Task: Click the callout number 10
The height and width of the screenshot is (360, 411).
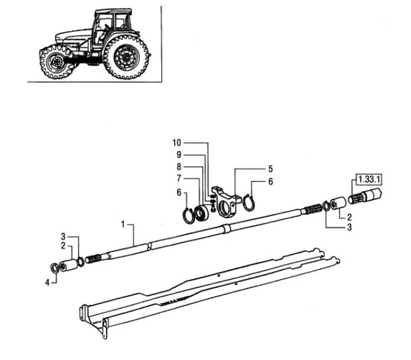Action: pos(177,143)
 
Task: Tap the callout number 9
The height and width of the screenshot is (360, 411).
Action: pos(179,154)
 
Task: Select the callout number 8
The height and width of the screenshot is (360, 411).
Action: pos(179,167)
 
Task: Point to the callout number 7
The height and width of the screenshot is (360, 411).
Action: pos(179,178)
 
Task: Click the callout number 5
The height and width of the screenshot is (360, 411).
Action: pos(270,169)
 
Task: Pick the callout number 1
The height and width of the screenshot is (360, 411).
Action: pos(123,225)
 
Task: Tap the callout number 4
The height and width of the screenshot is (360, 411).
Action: pos(47,282)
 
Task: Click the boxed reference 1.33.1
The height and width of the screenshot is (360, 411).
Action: pos(369,180)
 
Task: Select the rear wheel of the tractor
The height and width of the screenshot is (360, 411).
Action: pos(127,57)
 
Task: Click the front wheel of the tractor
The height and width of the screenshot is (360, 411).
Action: pos(56,62)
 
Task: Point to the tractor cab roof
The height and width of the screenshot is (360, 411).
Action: pos(113,11)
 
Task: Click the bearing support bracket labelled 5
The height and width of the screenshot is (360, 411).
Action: pos(227,202)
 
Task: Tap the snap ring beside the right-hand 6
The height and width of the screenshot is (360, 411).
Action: pos(249,202)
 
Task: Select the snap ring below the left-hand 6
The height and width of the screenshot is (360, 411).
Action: pos(188,216)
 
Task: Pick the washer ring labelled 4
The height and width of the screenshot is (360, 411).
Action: pos(55,268)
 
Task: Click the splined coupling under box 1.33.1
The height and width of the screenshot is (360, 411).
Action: pos(365,196)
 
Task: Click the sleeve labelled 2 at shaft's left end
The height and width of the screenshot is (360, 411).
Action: pos(68,265)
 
